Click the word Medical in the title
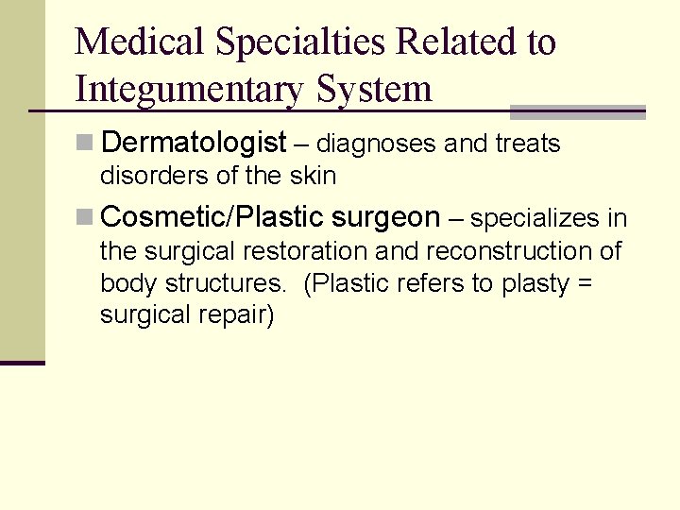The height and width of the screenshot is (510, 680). coord(141,42)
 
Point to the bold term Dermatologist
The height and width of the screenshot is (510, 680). coord(193,144)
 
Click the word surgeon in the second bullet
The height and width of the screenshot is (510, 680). coord(386,218)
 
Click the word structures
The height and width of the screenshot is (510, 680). coord(226,283)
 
